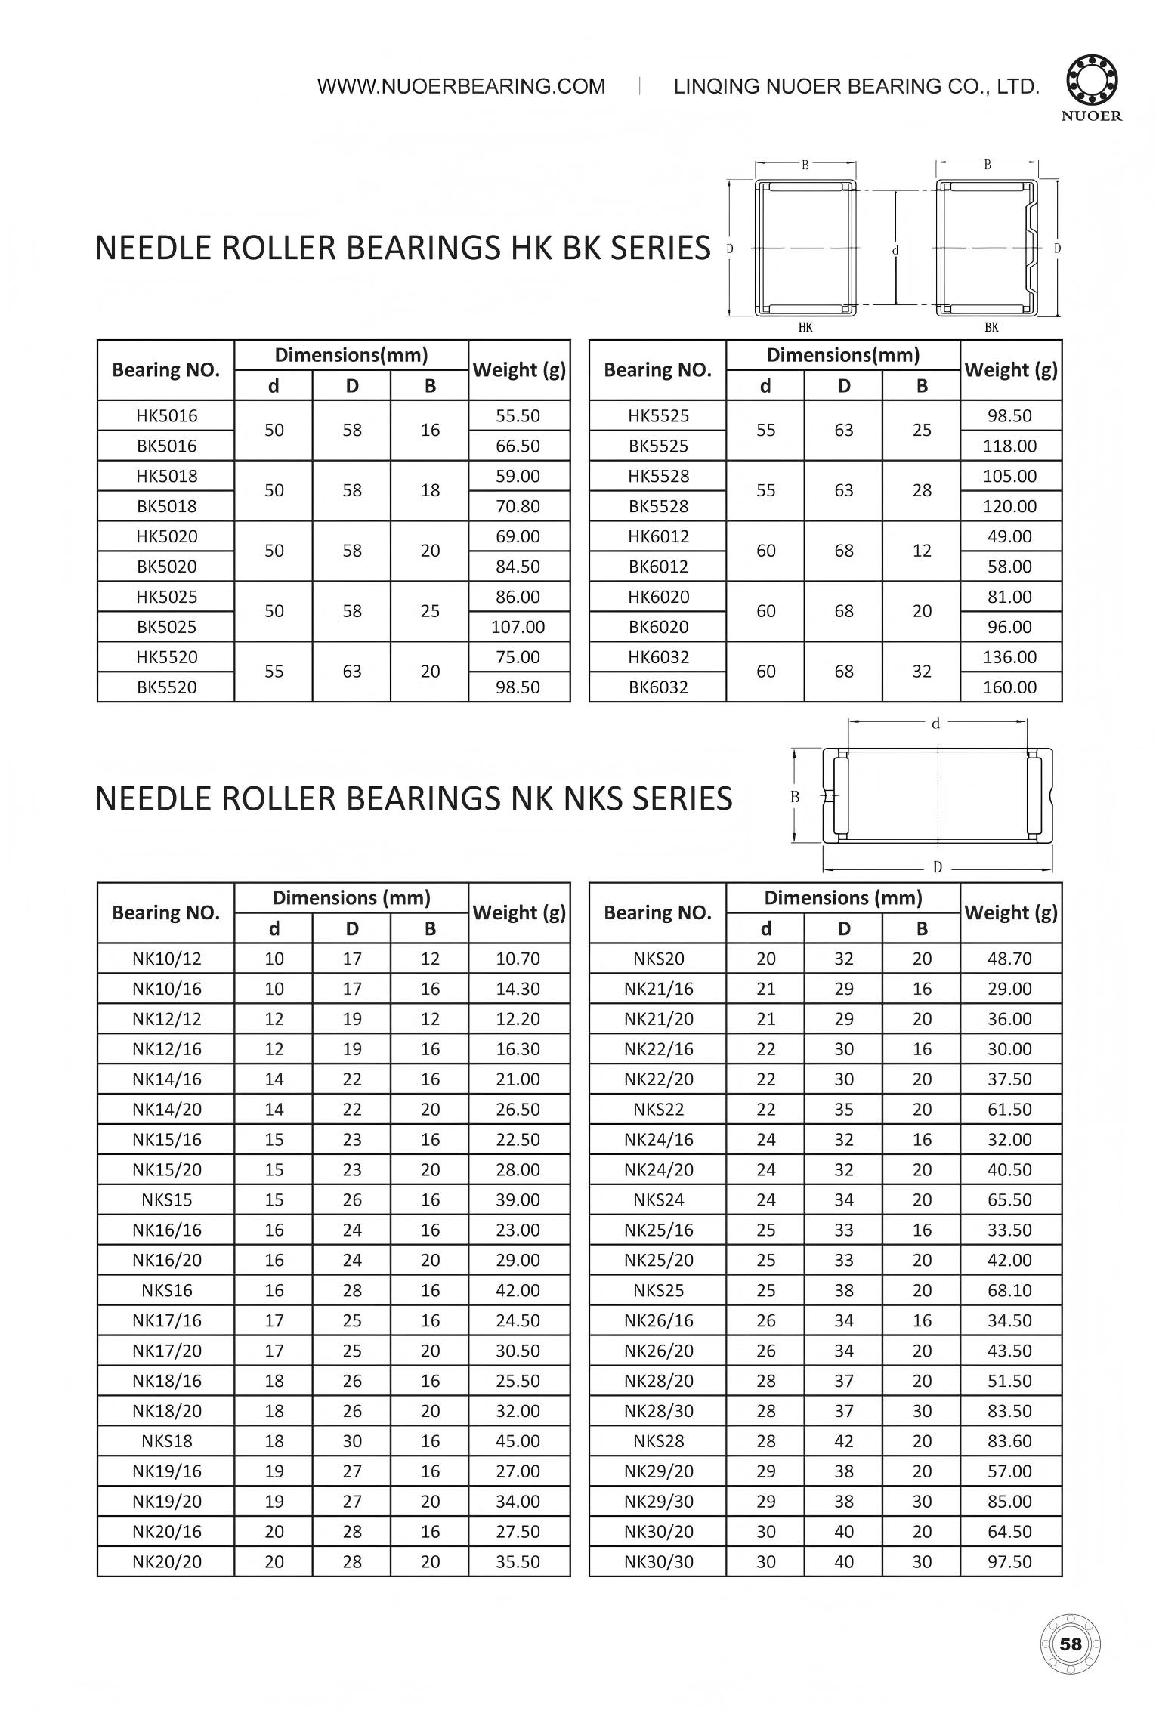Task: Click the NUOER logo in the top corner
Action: (1093, 88)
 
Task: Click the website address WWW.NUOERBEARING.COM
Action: (461, 86)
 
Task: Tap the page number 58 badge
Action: (1071, 1644)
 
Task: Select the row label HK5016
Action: (166, 415)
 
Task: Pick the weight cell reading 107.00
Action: (518, 627)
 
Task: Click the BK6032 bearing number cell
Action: (658, 687)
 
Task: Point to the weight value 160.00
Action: (1009, 687)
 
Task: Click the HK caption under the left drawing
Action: (805, 327)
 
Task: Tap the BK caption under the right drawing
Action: (991, 327)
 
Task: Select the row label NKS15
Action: (166, 1199)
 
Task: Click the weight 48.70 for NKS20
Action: (1009, 959)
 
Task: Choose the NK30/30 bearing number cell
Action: (658, 1562)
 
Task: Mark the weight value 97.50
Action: (1009, 1562)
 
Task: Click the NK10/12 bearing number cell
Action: (166, 959)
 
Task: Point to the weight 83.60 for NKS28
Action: (1009, 1441)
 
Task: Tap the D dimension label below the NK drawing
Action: (938, 867)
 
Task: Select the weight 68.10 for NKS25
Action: (1009, 1290)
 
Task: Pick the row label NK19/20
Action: (166, 1502)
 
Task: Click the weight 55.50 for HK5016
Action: (518, 415)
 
